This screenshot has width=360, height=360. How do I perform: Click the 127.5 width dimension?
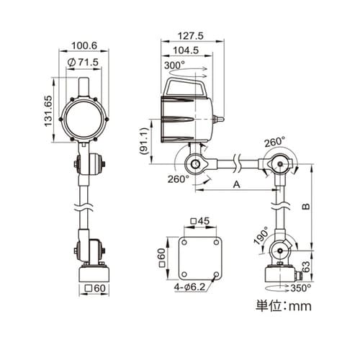point(190,36)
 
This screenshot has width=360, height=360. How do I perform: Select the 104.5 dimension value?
point(186,50)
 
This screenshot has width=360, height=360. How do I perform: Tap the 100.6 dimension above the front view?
point(84,45)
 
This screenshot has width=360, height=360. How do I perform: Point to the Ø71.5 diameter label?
point(83,62)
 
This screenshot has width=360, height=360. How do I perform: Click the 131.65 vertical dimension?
point(48,111)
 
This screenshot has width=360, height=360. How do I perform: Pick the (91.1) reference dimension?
point(144,141)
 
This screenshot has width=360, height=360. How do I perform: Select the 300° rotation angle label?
point(174,66)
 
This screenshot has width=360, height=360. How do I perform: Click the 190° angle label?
point(261,235)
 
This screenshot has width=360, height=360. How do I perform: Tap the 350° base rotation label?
point(301,288)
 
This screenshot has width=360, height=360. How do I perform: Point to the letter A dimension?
point(237,184)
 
